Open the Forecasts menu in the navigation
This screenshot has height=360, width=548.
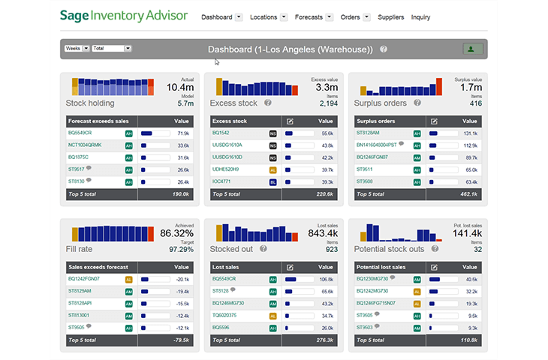pos(309,16)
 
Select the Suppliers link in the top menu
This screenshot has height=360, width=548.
pos(391,16)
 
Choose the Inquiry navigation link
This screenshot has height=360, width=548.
pos(420,16)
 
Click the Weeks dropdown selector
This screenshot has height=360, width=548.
pos(77,49)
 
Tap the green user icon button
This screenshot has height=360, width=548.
pos(472,49)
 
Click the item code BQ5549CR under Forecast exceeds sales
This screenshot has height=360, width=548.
pos(80,133)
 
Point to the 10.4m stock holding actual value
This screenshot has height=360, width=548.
pos(180,88)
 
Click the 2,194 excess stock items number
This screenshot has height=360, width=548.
pos(329,103)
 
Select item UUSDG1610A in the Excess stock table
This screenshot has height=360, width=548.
pos(227,145)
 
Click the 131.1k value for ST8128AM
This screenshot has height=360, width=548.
pos(471,133)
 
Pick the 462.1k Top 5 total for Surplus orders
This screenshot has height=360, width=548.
pos(469,193)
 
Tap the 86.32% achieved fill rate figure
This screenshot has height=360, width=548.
pos(177,233)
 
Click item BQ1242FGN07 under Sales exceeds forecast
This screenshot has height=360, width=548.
pos(84,278)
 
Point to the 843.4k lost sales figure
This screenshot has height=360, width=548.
pos(324,233)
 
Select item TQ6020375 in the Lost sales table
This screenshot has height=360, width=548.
pos(226,315)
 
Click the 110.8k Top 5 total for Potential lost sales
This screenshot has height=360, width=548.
pos(469,340)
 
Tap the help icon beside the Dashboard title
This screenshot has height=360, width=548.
pos(384,49)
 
